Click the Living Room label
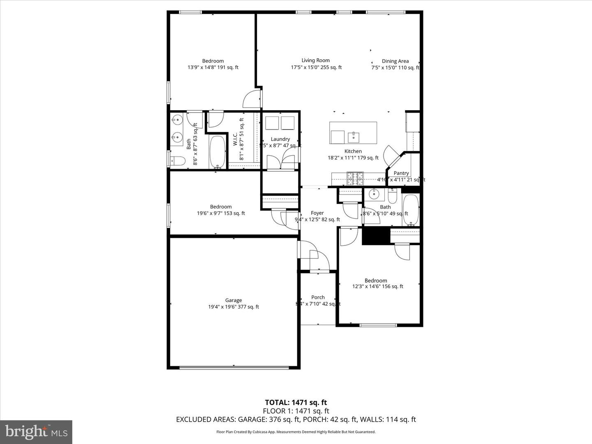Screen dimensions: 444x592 point(316,60)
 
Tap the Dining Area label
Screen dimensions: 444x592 point(395,61)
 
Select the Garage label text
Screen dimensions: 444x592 point(234,300)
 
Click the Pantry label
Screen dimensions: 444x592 point(401,173)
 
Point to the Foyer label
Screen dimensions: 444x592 point(317,213)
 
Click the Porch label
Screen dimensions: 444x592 point(318,297)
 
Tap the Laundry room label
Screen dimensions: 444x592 point(280,139)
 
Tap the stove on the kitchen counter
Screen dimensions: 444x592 point(355,178)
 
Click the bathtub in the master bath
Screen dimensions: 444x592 point(217,152)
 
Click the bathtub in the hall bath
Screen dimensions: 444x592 point(410,210)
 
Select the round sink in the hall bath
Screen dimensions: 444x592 point(374,193)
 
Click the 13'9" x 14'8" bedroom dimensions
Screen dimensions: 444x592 point(213,67)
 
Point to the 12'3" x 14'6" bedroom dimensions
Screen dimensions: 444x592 point(377,287)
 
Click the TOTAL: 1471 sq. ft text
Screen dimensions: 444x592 point(296,402)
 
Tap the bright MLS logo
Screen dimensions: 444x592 point(36,432)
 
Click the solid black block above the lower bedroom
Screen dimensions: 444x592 point(375,236)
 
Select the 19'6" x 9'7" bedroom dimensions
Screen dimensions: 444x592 point(221,213)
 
